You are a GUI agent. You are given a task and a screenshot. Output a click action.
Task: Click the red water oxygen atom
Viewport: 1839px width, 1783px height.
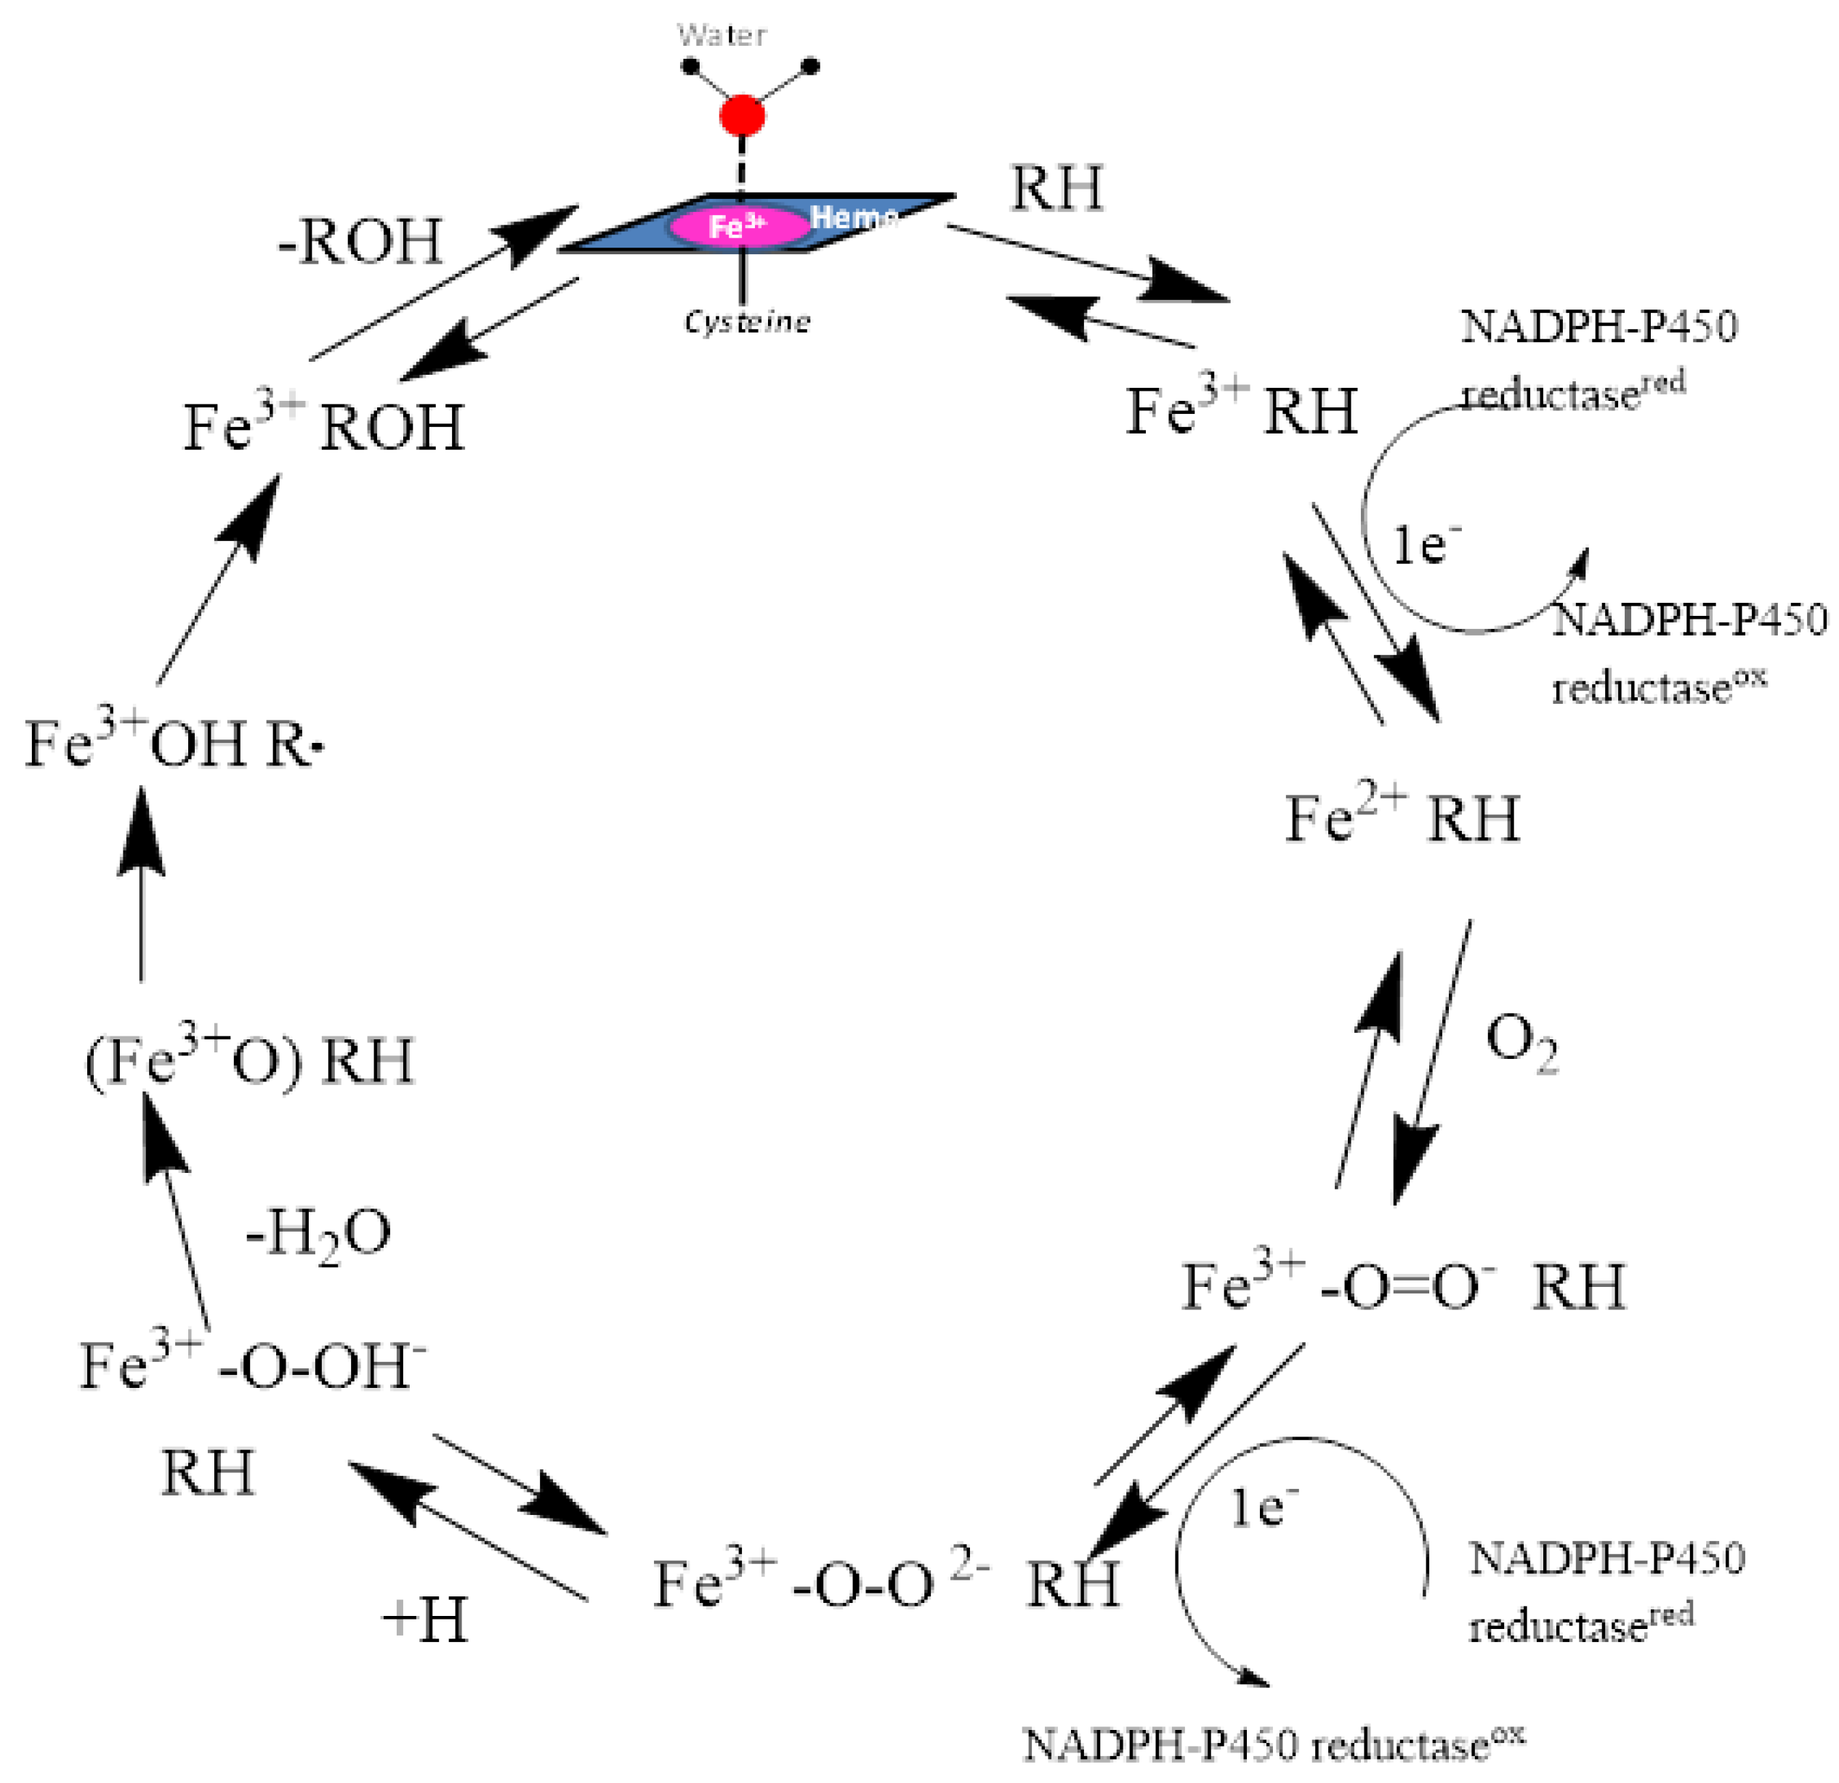click(x=742, y=115)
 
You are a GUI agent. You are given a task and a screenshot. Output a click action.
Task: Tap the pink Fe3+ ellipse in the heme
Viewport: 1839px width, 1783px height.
click(x=738, y=226)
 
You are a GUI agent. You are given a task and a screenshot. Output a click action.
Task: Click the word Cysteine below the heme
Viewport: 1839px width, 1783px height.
click(x=747, y=322)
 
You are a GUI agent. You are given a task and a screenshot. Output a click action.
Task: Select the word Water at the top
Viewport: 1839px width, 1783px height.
click(x=722, y=36)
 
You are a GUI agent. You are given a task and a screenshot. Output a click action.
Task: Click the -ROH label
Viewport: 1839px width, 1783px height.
click(x=360, y=242)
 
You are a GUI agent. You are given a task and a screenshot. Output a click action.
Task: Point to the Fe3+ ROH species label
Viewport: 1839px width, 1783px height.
click(x=324, y=428)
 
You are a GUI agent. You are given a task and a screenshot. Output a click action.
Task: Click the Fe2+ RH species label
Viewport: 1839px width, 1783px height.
click(x=1402, y=818)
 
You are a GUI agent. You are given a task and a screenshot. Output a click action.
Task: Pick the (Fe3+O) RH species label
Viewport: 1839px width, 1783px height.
click(x=249, y=1063)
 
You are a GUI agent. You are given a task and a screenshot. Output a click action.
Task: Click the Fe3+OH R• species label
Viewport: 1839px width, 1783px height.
click(x=174, y=744)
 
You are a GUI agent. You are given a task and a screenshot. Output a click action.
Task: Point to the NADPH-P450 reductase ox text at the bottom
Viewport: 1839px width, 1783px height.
click(x=1273, y=1745)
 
